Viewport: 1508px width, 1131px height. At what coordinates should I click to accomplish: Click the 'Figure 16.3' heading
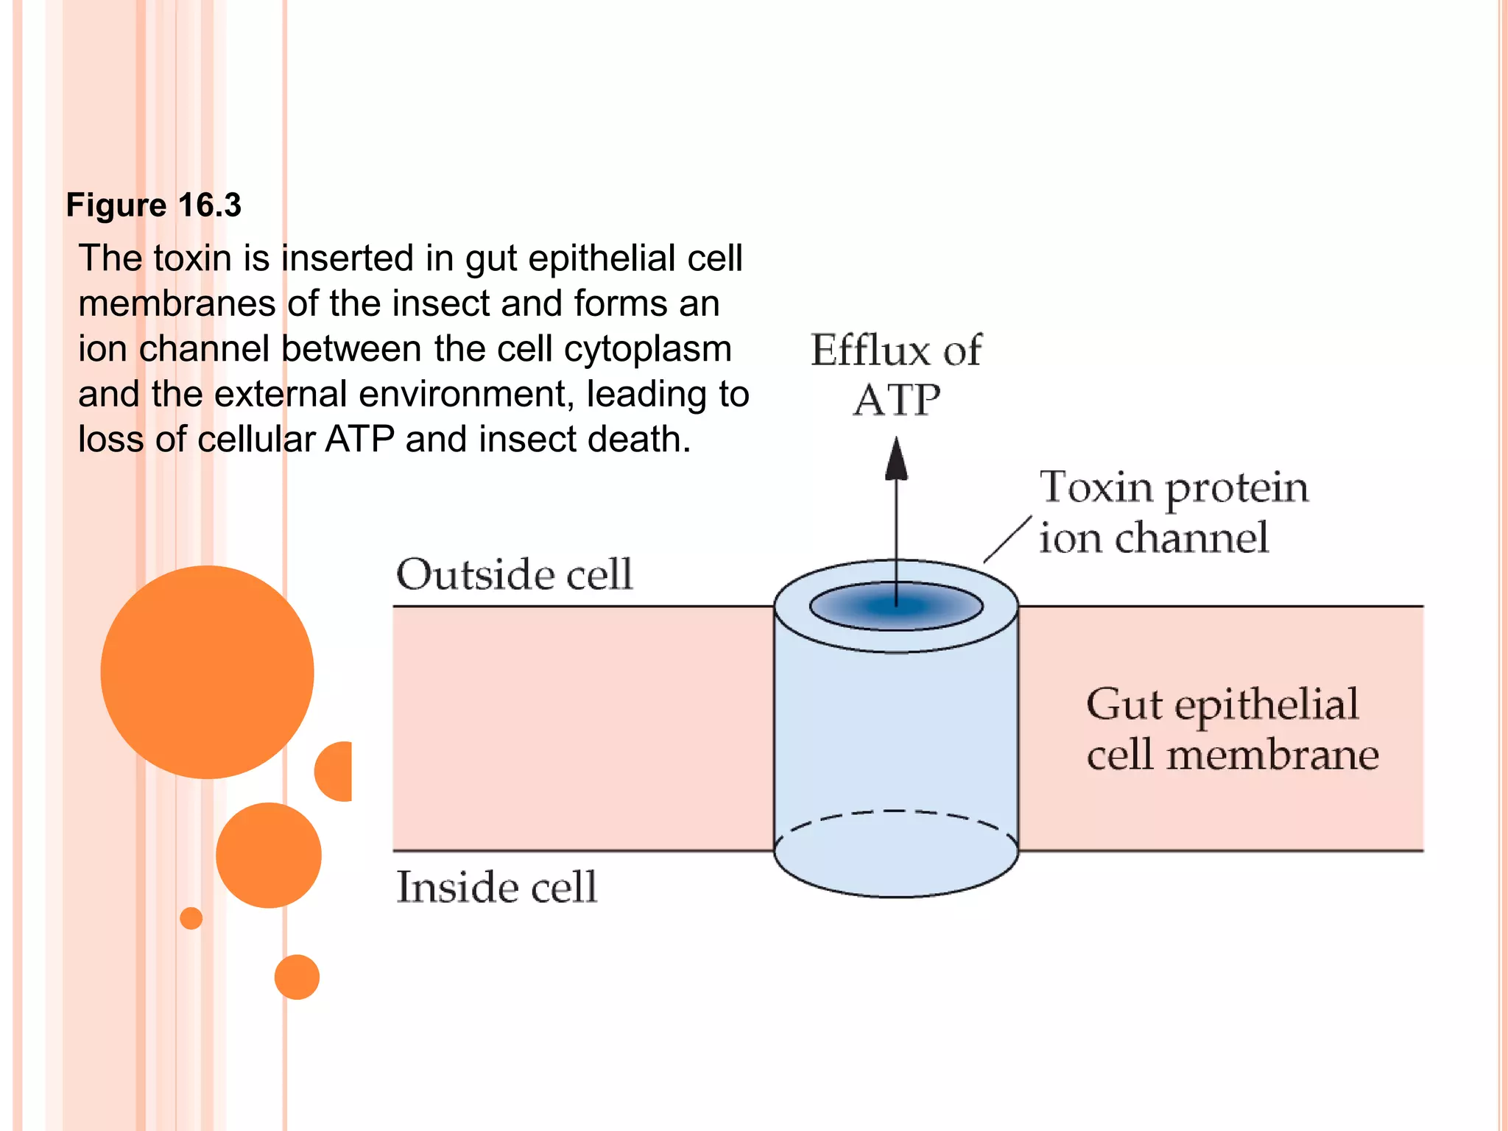click(153, 205)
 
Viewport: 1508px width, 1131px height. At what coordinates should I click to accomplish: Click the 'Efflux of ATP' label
click(896, 374)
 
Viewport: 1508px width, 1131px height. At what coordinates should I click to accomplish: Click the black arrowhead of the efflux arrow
click(896, 460)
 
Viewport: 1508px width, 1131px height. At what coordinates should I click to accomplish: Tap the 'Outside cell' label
click(514, 574)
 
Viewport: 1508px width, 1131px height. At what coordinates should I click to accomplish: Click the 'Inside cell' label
click(496, 887)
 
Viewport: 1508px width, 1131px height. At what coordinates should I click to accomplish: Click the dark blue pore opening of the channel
click(896, 607)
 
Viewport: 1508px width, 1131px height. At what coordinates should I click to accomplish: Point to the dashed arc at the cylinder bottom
click(896, 812)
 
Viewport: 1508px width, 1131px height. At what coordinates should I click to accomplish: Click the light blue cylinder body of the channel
click(896, 729)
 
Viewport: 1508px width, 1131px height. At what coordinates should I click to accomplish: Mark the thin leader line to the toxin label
click(1007, 540)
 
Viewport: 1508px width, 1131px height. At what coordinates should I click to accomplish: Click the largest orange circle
click(207, 672)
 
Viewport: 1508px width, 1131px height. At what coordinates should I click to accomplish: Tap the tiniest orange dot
click(191, 918)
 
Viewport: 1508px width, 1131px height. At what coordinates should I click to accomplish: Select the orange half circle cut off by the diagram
click(336, 771)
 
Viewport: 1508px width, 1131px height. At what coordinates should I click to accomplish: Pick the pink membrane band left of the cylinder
click(582, 729)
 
